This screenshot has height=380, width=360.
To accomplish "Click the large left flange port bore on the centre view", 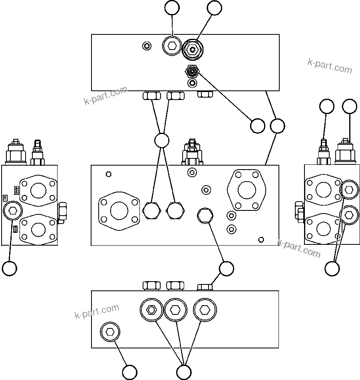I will [x=119, y=211].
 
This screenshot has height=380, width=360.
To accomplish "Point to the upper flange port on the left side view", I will [x=39, y=190].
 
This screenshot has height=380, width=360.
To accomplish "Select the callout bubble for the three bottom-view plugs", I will [x=183, y=372].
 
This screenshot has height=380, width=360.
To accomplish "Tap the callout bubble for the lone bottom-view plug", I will [x=130, y=372].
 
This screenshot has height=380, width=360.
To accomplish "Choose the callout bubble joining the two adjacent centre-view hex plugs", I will [x=161, y=140].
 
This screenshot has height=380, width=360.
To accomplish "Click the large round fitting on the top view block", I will [x=193, y=50].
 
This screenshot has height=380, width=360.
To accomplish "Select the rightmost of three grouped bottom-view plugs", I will [x=205, y=310].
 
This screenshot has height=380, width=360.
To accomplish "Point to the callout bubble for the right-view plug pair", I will [x=332, y=268].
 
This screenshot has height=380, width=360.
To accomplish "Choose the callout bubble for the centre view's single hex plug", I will [x=227, y=268].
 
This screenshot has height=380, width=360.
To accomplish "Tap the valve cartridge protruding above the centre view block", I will [x=193, y=152].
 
